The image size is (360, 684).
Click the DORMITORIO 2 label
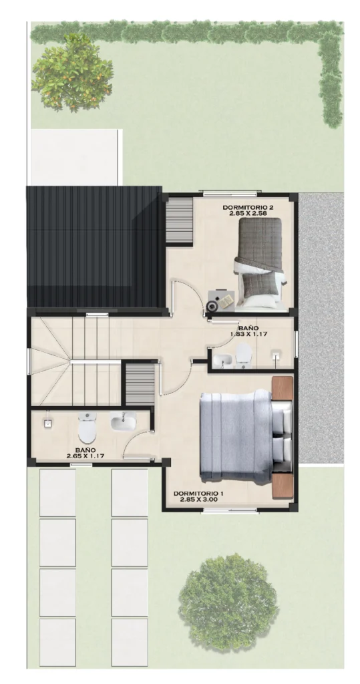[244, 207]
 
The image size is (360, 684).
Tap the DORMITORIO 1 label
[198, 494]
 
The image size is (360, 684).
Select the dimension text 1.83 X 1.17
[248, 334]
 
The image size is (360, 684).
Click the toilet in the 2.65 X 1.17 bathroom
[86, 427]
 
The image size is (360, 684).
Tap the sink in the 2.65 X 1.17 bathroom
[123, 421]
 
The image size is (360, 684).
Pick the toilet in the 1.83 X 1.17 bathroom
[243, 354]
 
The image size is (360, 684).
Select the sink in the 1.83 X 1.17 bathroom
[222, 359]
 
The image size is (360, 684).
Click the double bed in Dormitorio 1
[245, 435]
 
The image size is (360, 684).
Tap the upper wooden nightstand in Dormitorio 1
[282, 388]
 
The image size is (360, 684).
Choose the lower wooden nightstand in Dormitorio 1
[282, 486]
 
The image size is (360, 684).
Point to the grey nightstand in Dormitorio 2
[221, 300]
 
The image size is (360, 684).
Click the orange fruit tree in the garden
[72, 73]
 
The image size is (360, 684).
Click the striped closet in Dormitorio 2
[180, 220]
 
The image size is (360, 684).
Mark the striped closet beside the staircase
[140, 383]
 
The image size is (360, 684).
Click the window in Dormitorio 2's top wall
[232, 192]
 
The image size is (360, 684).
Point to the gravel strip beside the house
[321, 327]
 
